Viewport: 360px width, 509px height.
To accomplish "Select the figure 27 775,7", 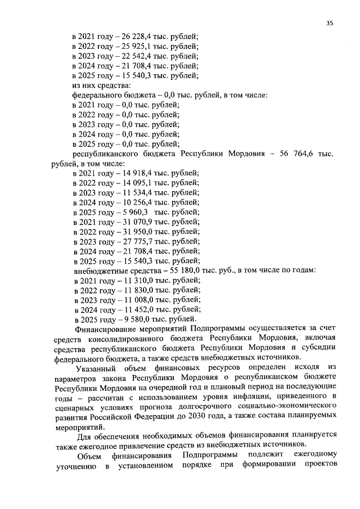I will (131, 241).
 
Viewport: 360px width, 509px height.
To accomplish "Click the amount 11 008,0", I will (131, 300).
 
